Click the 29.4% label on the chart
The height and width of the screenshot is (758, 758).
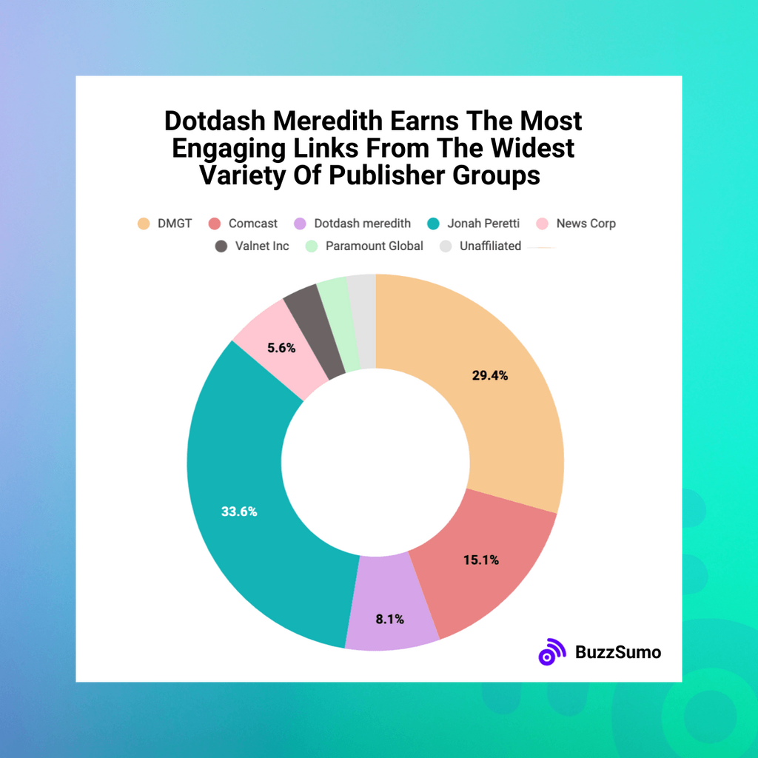click(490, 375)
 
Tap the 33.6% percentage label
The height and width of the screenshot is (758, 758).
click(239, 512)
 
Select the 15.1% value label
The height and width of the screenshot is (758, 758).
click(481, 560)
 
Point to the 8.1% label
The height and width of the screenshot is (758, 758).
click(390, 619)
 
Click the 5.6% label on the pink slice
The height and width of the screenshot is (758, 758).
click(282, 347)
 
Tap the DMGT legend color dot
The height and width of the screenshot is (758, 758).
click(144, 224)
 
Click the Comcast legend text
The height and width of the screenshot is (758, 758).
click(253, 224)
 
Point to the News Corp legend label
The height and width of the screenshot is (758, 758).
click(586, 224)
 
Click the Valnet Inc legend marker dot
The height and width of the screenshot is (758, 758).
click(221, 246)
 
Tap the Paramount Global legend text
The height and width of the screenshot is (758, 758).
click(375, 246)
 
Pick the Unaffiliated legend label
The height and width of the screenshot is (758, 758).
click(489, 246)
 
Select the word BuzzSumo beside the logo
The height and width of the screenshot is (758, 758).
click(618, 652)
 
